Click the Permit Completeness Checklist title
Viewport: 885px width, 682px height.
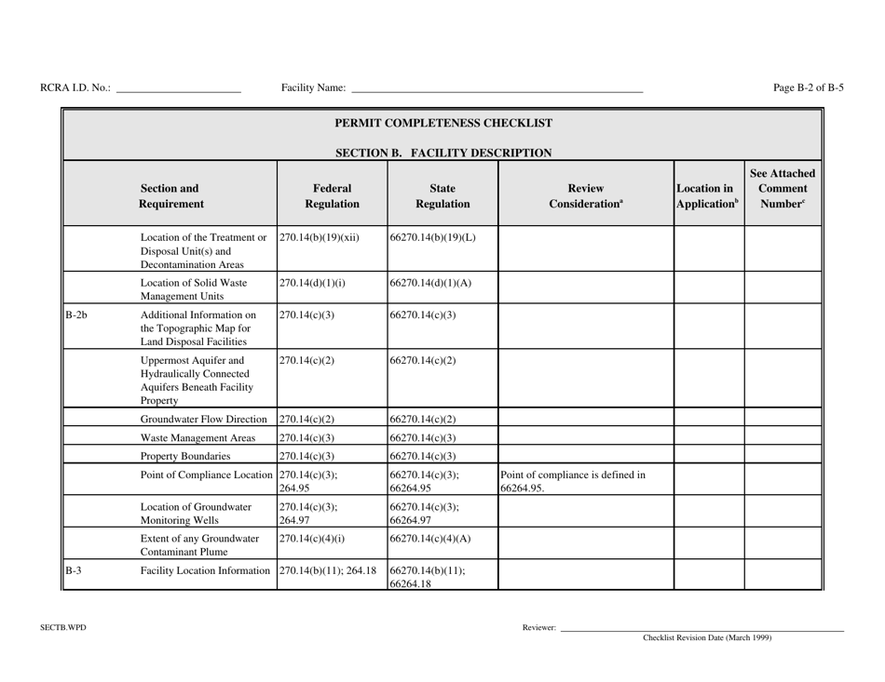(x=443, y=123)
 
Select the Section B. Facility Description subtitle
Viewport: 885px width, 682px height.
(x=443, y=153)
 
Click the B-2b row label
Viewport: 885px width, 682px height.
(x=77, y=316)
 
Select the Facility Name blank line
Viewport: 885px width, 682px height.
(x=497, y=89)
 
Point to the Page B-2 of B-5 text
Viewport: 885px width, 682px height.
(x=809, y=88)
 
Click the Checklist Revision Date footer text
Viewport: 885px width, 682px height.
(x=707, y=638)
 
